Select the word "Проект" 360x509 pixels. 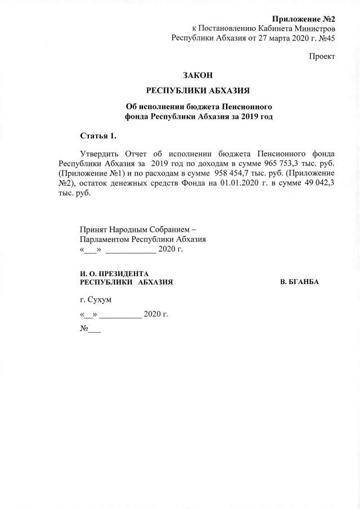coord(322,57)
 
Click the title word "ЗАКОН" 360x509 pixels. coord(198,75)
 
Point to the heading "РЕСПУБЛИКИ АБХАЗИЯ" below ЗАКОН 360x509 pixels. coord(198,91)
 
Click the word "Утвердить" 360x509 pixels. coord(98,153)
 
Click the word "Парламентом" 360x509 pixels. coord(105,238)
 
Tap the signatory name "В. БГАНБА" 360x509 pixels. coord(299,281)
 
